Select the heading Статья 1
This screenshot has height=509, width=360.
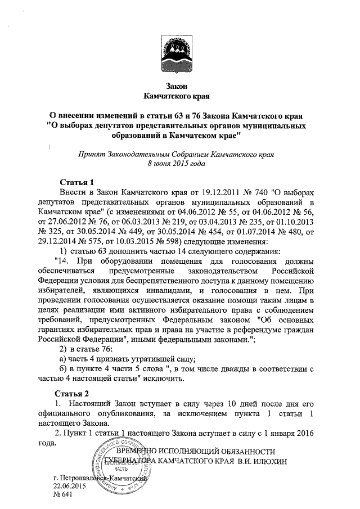pyautogui.click(x=76, y=181)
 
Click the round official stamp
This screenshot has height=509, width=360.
pyautogui.click(x=121, y=466)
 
